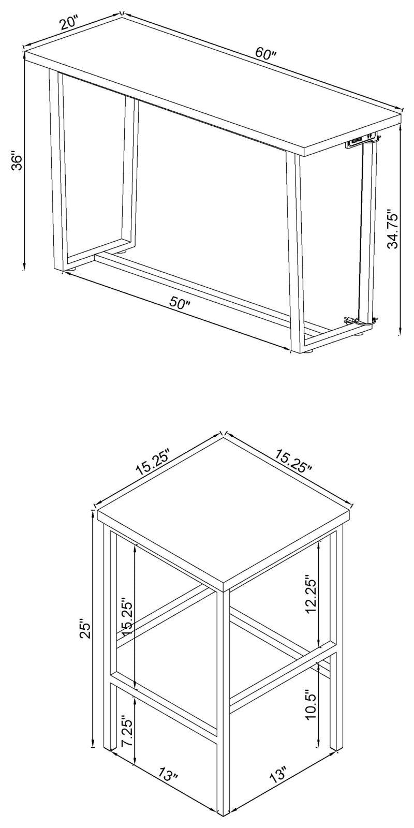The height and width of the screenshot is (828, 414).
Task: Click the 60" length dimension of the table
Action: coord(267,54)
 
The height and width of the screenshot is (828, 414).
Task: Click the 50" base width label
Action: coord(180,303)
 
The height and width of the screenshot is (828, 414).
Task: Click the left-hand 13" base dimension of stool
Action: coord(168,775)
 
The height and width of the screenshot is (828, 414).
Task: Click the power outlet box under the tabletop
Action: coord(359,143)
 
